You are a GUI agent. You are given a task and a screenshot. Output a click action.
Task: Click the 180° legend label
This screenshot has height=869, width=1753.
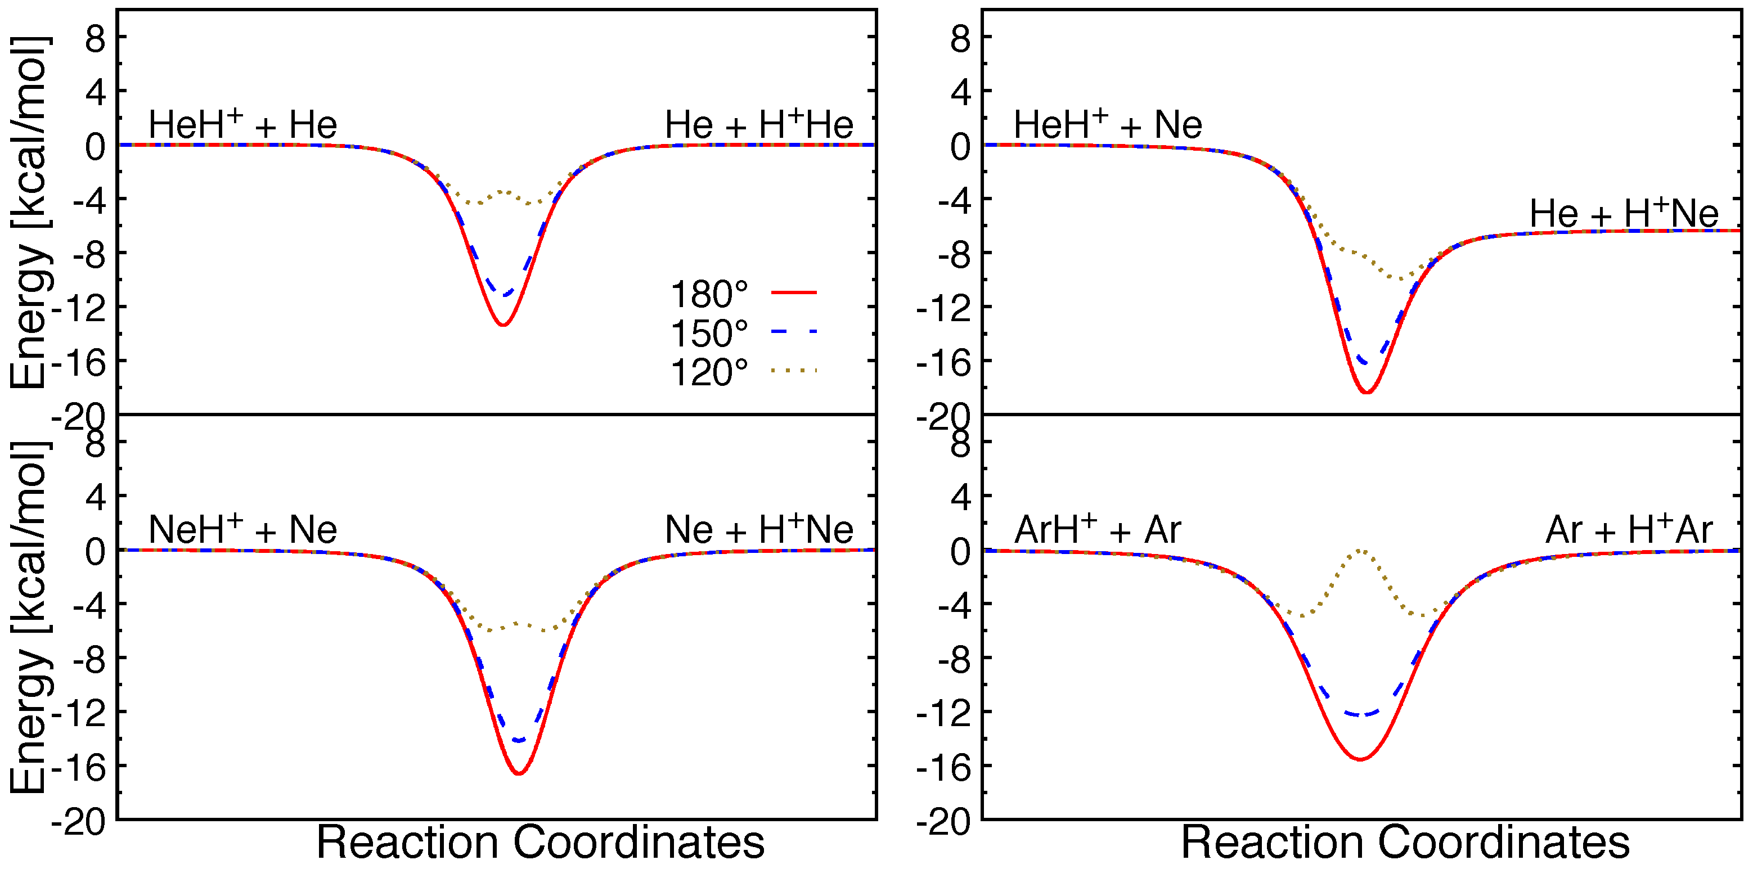click(708, 295)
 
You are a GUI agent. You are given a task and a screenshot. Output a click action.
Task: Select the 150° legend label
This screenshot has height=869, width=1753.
click(708, 334)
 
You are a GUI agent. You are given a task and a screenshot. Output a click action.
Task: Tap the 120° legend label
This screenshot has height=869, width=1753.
click(708, 372)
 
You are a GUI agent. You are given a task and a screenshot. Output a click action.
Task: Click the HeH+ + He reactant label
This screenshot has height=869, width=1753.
click(243, 124)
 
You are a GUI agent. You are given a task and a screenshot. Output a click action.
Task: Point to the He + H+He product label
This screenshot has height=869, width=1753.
click(758, 124)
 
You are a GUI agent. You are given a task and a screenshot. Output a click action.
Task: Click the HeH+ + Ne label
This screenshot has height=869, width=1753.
click(1107, 124)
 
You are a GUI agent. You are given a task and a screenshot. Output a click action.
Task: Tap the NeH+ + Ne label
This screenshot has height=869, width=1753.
click(243, 529)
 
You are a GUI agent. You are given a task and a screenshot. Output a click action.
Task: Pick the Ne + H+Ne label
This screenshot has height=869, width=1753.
click(758, 529)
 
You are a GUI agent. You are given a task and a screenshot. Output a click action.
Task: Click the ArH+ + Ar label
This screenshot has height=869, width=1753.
click(1097, 529)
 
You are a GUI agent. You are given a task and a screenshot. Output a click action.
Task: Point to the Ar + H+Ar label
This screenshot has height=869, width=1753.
click(1629, 529)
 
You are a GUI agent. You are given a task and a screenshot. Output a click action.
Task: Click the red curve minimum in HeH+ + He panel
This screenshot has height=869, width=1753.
click(502, 325)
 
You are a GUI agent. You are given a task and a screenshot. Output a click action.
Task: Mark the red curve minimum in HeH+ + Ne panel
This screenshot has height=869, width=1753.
click(1367, 393)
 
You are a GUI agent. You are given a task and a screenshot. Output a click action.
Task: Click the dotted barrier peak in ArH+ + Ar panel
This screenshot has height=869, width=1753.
click(1360, 550)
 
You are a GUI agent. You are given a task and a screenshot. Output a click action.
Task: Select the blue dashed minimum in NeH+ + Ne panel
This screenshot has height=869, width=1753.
click(519, 740)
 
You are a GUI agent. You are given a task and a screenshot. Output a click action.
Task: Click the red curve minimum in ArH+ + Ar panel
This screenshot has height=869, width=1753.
click(1360, 759)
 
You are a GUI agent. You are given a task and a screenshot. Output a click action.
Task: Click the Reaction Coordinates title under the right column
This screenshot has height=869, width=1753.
click(1405, 843)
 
